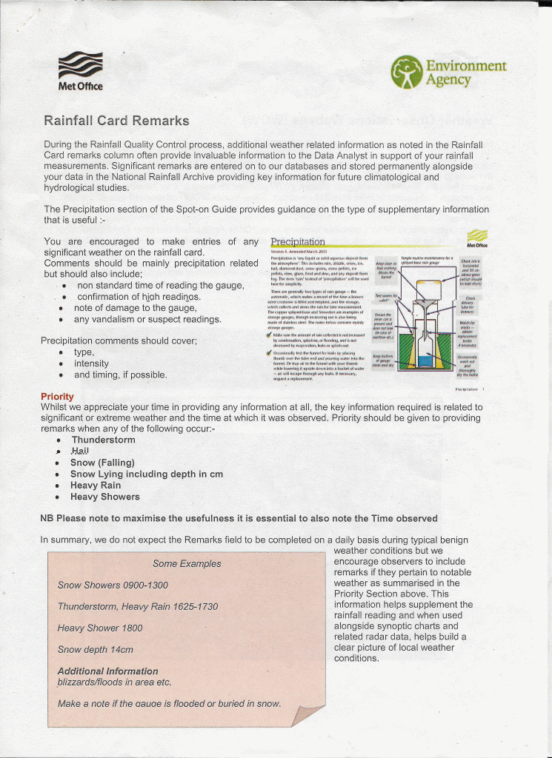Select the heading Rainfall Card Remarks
[x=116, y=121]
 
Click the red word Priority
[x=57, y=396]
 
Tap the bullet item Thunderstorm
[x=103, y=440]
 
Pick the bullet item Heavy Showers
[x=104, y=497]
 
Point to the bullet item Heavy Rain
[x=96, y=486]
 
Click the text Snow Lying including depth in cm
[x=146, y=474]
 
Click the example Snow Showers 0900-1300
[x=112, y=585]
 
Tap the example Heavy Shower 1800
[x=100, y=628]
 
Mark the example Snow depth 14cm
[x=96, y=649]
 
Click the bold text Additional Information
[x=107, y=671]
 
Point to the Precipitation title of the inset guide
[x=298, y=242]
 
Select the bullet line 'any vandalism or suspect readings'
[x=147, y=320]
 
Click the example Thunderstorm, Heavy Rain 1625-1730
[x=138, y=606]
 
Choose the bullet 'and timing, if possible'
[x=120, y=375]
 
